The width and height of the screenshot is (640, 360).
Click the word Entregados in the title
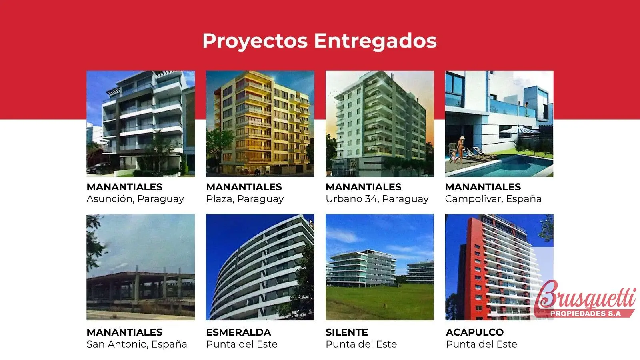376,41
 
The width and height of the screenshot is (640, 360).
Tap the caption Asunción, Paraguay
135,199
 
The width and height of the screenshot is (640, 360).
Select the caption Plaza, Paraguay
245,199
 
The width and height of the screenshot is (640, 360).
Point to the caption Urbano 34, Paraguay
377,199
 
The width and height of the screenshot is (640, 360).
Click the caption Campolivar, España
493,199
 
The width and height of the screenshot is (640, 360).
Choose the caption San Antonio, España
136,344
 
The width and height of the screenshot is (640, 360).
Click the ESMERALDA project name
238,332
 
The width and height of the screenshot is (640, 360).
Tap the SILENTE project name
347,332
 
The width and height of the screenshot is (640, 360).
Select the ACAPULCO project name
474,332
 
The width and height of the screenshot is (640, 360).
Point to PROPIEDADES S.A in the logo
586,314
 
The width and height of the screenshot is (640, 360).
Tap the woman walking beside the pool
460,150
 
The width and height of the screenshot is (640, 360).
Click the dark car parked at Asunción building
98,168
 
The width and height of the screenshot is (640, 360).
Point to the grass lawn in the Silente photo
380,302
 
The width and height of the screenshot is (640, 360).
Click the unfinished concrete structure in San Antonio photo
140,290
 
